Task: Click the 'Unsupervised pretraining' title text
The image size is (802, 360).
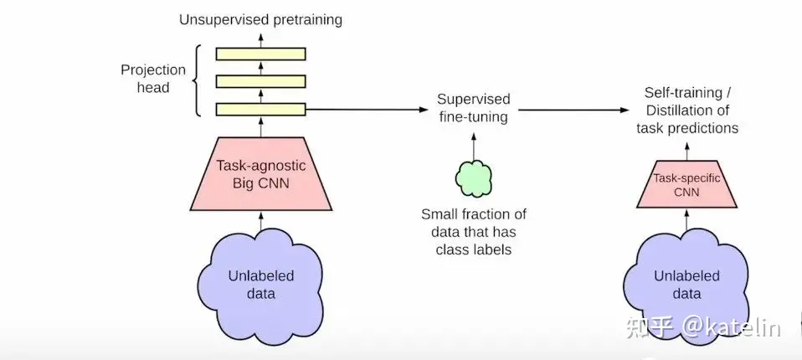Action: [x=260, y=19]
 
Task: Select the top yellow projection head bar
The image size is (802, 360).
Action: [x=260, y=54]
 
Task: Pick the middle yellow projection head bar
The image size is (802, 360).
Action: [x=260, y=81]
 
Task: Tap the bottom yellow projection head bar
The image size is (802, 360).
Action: [x=260, y=109]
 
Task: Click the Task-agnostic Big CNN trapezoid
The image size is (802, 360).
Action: [x=260, y=172]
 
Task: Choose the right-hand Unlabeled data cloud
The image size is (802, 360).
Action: [x=686, y=285]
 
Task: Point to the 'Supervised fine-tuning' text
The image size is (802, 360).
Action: [x=474, y=108]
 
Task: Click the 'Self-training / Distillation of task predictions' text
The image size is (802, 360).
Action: [x=686, y=110]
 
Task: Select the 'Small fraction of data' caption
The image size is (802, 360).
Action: [x=474, y=229]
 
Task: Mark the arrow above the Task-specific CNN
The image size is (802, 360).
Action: [x=686, y=151]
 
